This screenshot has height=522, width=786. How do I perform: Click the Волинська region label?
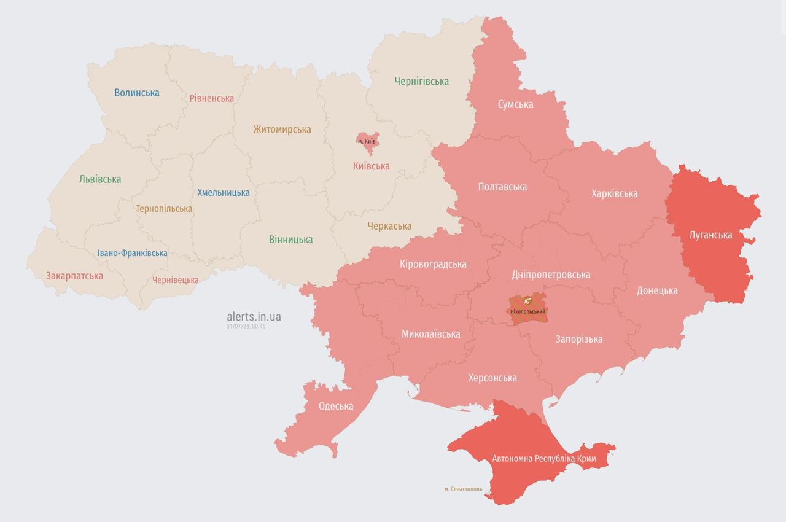(x=136, y=93)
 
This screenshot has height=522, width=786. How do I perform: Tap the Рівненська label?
(x=211, y=98)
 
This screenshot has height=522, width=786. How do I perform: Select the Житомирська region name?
(x=282, y=130)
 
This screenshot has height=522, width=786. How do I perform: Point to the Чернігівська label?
(x=421, y=81)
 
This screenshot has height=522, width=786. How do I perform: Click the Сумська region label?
(x=515, y=104)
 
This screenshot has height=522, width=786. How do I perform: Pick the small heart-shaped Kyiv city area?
(x=367, y=141)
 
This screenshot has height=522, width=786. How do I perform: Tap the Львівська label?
(x=99, y=179)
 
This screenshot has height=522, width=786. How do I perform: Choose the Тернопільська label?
(x=163, y=209)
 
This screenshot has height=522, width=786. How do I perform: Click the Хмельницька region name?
(x=223, y=193)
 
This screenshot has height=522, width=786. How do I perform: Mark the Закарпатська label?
(x=74, y=276)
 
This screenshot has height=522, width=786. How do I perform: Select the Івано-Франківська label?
(x=132, y=253)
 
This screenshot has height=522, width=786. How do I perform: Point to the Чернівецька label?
(x=176, y=280)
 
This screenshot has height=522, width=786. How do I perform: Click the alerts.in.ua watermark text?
(x=254, y=317)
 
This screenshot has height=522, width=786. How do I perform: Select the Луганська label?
(x=710, y=235)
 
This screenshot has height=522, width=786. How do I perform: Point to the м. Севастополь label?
(x=463, y=489)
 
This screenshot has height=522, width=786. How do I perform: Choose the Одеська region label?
(x=336, y=407)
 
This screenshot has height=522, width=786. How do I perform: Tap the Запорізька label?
(x=578, y=339)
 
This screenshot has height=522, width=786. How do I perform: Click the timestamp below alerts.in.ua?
(x=246, y=327)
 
